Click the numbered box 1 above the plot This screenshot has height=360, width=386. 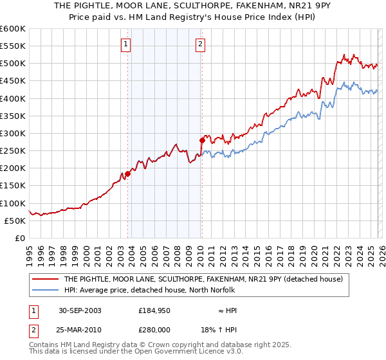tap(125, 44)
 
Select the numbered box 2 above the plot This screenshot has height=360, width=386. tap(200, 44)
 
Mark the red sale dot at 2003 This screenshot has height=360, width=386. tap(128, 174)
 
